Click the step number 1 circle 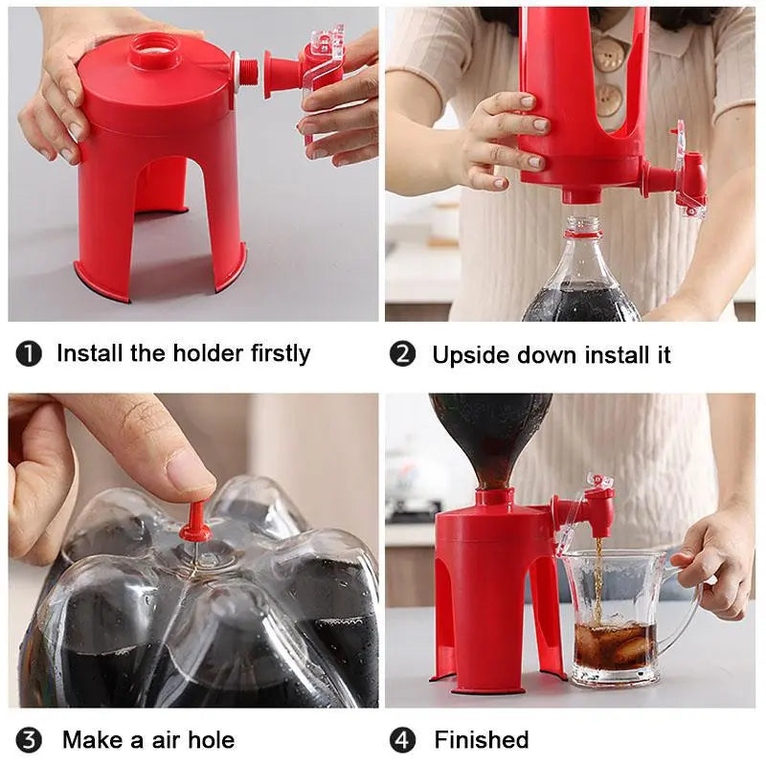pos(29,354)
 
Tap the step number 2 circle pos(403,354)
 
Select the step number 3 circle pos(29,740)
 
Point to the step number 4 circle pos(403,740)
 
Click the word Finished pos(481,740)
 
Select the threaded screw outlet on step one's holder pos(248,70)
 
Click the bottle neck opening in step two pos(579,228)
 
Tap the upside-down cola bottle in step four pos(488,431)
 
